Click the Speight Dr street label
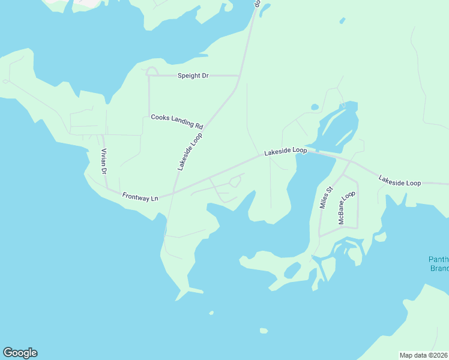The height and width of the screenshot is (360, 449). pyautogui.click(x=192, y=76)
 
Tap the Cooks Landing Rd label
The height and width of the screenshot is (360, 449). pyautogui.click(x=177, y=121)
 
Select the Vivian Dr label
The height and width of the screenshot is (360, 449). pyautogui.click(x=104, y=161)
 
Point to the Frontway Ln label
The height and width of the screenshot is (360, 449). pyautogui.click(x=139, y=196)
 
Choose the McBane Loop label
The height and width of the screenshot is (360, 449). pyautogui.click(x=346, y=208)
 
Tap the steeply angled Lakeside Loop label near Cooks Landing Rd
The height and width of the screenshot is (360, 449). pyautogui.click(x=190, y=152)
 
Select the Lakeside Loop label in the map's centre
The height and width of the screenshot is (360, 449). pyautogui.click(x=286, y=152)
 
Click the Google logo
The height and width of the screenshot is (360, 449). pyautogui.click(x=20, y=353)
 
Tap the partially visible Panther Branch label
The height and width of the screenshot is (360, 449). pyautogui.click(x=438, y=264)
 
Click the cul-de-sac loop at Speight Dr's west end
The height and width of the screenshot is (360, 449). pyautogui.click(x=152, y=71)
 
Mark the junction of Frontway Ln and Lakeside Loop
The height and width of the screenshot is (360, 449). pyautogui.click(x=173, y=192)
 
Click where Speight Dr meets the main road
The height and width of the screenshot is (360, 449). pyautogui.click(x=239, y=76)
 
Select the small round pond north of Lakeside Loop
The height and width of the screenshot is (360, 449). pyautogui.click(x=315, y=107)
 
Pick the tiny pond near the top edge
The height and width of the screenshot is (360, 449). pyautogui.click(x=342, y=21)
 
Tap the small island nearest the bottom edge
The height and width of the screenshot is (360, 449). pyautogui.click(x=264, y=331)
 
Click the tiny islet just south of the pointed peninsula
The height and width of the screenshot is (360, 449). pyautogui.click(x=211, y=313)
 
